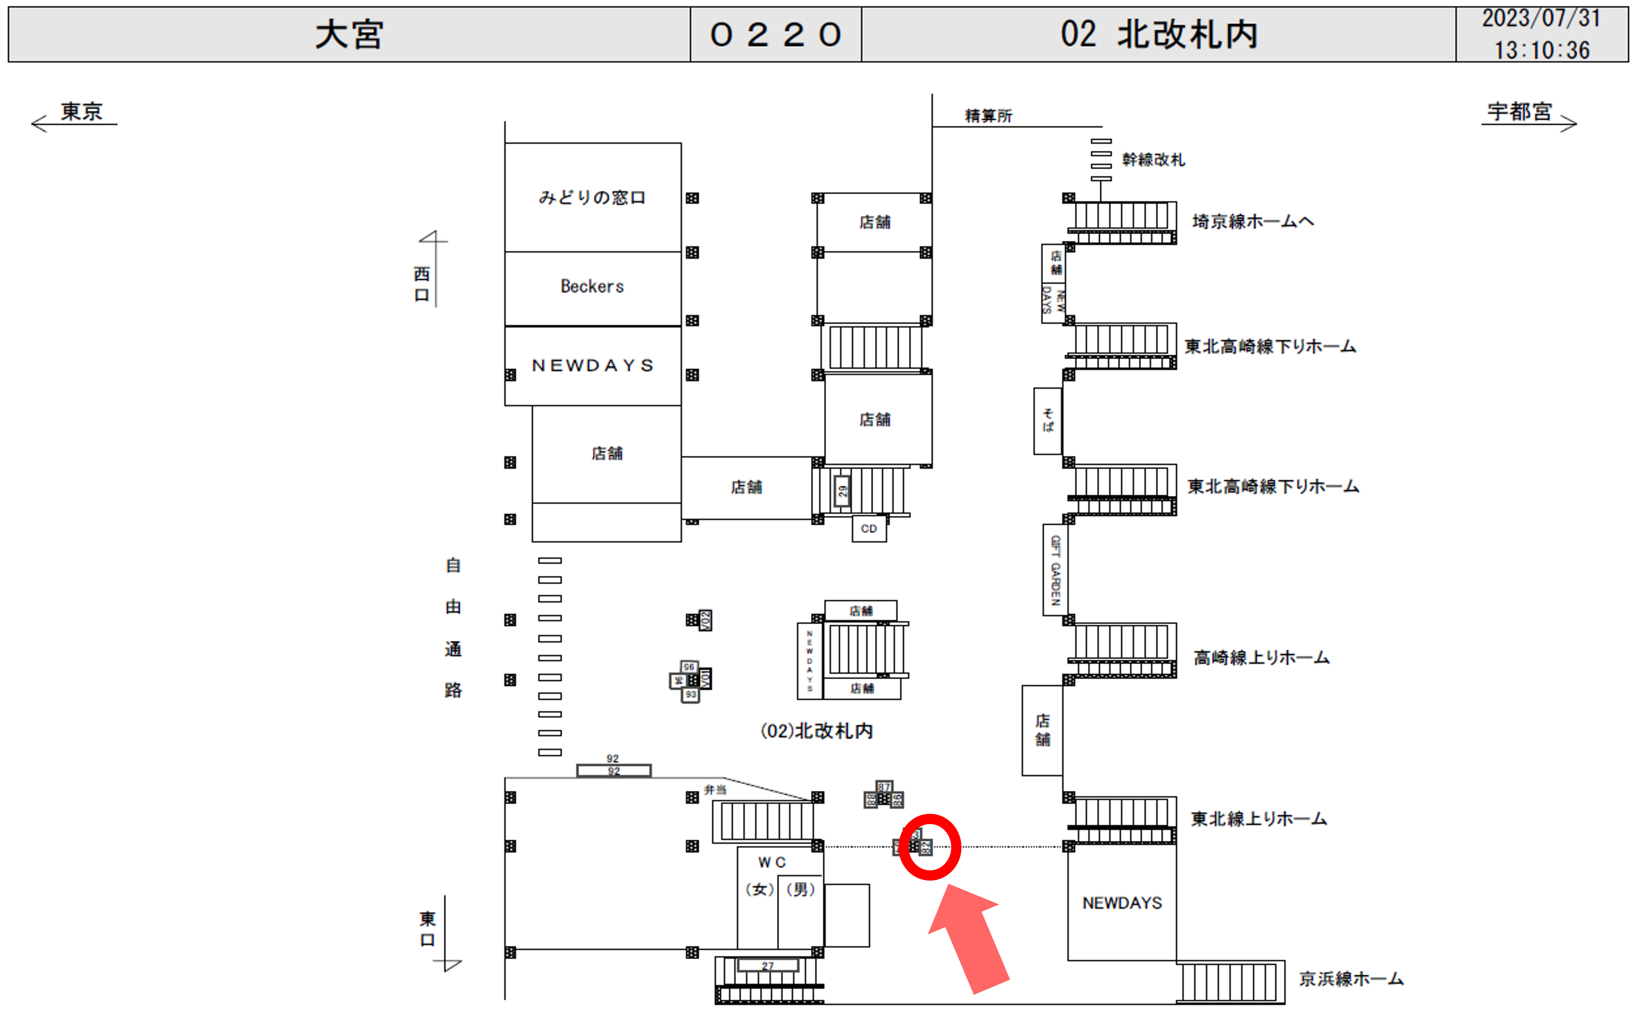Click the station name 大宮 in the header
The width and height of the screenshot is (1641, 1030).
point(349,34)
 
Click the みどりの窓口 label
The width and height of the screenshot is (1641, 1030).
point(592,197)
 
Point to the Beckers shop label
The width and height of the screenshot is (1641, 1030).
point(592,286)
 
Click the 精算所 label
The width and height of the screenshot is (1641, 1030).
point(988,116)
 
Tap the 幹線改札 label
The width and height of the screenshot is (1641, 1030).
point(1153,159)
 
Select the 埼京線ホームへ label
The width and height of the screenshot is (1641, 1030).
point(1253,221)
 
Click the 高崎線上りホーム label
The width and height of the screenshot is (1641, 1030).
point(1261,658)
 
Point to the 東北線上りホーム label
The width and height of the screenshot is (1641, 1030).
point(1258,819)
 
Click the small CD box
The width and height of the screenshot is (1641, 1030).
point(869,528)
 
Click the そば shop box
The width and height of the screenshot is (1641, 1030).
point(1047,420)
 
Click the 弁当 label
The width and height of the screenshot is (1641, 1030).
point(715,790)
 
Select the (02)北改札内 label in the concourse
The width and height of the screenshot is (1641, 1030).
point(816,731)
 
